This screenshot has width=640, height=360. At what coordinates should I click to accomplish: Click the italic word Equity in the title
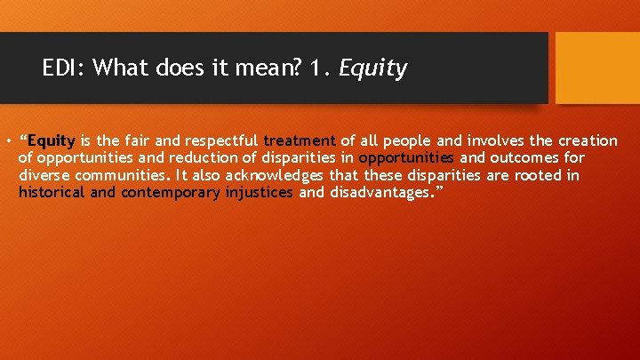(x=373, y=68)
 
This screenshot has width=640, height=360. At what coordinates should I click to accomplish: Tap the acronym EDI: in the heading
(x=64, y=68)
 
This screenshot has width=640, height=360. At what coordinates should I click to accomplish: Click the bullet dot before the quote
(x=6, y=141)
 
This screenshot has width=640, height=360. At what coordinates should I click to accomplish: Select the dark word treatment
(x=300, y=140)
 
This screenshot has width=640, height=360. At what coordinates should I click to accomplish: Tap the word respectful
(x=222, y=140)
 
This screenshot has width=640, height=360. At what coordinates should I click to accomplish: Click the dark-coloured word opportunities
(x=406, y=158)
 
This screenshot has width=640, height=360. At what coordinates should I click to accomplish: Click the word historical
(x=52, y=192)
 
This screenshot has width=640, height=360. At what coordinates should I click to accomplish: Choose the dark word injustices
(x=260, y=192)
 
